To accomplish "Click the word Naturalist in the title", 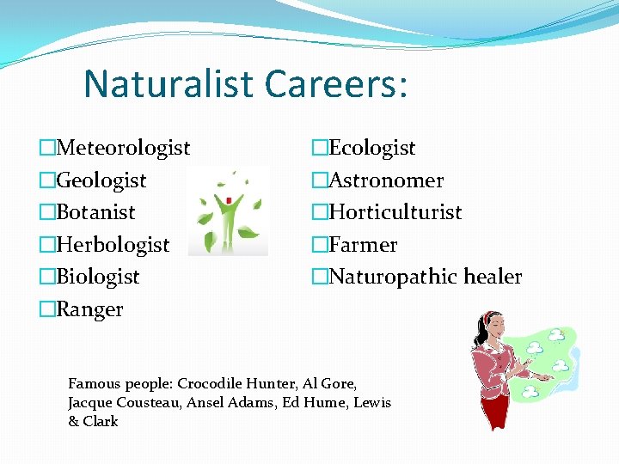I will (x=169, y=83).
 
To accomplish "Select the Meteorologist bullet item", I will (x=123, y=149).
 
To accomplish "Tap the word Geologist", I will (x=101, y=180).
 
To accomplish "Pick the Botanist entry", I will (x=95, y=212).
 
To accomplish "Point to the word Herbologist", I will (x=113, y=245).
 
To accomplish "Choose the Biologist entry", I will (x=97, y=277).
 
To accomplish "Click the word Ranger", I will (x=89, y=309).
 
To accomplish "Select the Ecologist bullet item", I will (x=372, y=149).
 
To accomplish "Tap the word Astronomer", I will (x=386, y=180).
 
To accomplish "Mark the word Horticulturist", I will (x=395, y=212).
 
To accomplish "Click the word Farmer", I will (x=363, y=245).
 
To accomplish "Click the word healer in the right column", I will (x=493, y=277).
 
